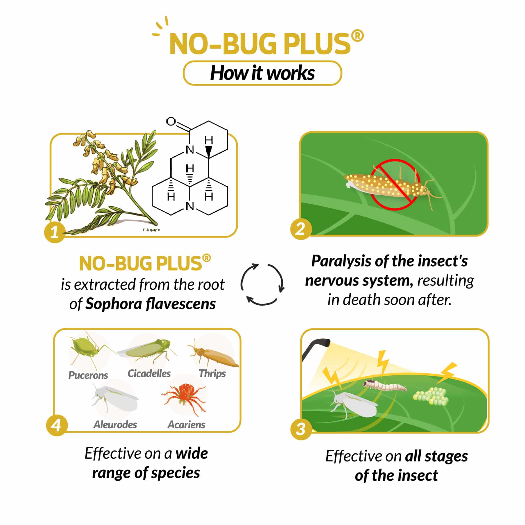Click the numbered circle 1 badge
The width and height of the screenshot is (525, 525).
click(55, 232)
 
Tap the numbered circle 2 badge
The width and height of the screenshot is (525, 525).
click(301, 229)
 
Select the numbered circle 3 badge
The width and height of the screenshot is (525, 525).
click(301, 429)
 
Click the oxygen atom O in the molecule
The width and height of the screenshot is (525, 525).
click(171, 122)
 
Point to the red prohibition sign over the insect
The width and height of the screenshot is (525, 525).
click(395, 185)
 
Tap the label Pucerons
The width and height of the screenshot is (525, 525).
click(88, 375)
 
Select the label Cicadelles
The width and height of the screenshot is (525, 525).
click(149, 373)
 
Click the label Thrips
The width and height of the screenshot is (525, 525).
click(212, 373)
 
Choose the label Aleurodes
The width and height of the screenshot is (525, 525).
click(115, 425)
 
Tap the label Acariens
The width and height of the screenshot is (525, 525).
click(186, 425)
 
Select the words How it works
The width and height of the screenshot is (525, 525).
click(262, 73)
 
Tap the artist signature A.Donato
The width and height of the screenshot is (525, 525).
click(151, 230)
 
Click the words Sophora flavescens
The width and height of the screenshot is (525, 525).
click(150, 304)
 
